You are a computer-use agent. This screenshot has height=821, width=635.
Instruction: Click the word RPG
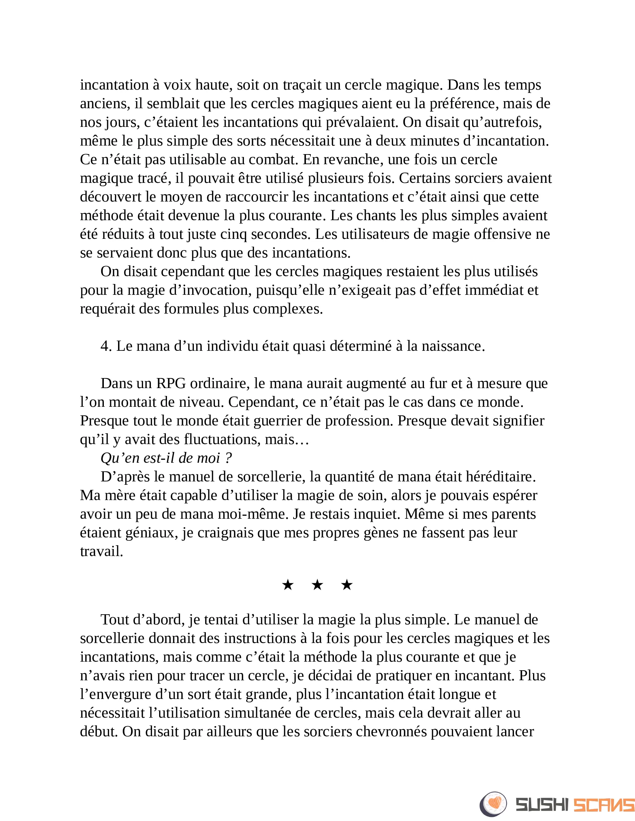click(171, 383)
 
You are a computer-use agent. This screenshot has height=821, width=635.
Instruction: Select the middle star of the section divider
click(317, 585)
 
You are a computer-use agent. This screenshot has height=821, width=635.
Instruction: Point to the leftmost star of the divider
click(288, 585)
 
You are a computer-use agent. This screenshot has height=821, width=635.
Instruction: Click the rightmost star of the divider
click(347, 585)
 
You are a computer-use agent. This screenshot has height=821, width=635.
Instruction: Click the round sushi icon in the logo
click(493, 804)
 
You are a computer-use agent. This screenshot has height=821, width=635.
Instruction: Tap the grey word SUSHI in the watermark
click(542, 805)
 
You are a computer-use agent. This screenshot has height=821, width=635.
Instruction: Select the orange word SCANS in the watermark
click(604, 805)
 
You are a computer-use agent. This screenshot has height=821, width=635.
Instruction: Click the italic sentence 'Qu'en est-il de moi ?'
click(166, 458)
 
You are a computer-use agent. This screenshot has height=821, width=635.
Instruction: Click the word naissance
click(453, 346)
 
